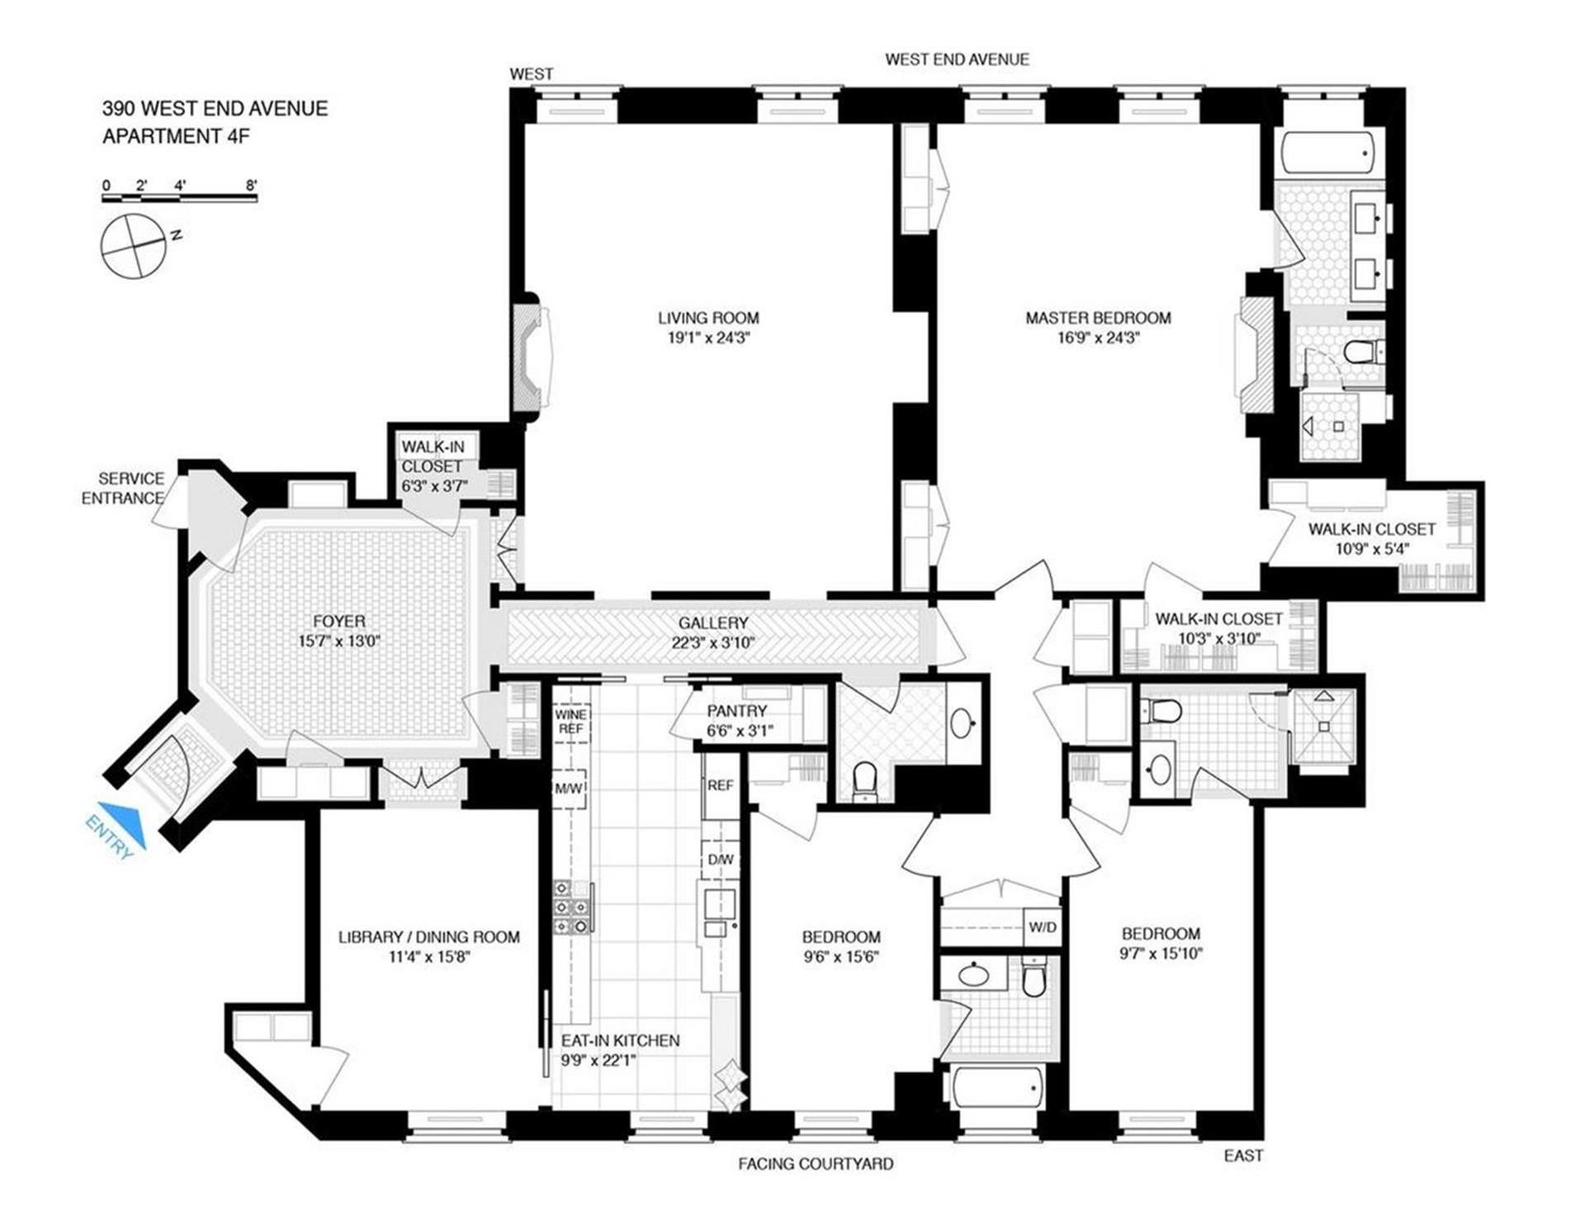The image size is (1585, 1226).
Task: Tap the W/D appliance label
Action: coord(1042,927)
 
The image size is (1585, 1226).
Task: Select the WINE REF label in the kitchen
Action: coord(570,722)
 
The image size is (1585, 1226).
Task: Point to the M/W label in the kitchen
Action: coord(569,788)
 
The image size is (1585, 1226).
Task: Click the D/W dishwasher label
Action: coord(720,859)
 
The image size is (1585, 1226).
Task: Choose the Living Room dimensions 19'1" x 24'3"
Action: coord(708,338)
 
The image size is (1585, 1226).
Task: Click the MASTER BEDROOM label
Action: coord(1098,318)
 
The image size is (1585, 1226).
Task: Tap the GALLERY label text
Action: coord(713,623)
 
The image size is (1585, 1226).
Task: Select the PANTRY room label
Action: coord(736,711)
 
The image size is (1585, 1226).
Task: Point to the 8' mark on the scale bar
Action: coord(251,185)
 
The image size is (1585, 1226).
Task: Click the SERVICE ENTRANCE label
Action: coord(123,488)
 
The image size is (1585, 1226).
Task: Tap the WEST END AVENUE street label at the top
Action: coord(957,59)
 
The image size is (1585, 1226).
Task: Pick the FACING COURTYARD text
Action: coord(816,1164)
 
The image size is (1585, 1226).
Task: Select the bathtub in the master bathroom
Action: coord(1328,153)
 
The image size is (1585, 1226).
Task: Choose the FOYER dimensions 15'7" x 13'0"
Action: coord(338,641)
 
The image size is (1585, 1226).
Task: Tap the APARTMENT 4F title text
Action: coord(176,136)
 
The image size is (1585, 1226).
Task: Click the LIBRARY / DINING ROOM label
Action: coord(429,937)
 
